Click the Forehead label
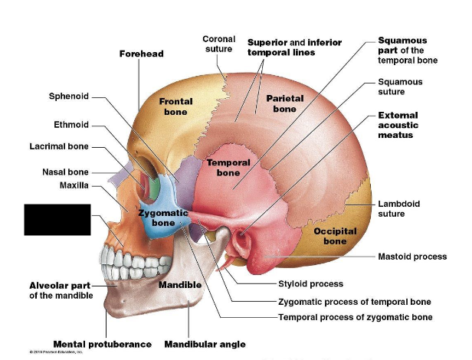pyautogui.click(x=142, y=54)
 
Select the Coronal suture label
pyautogui.click(x=218, y=44)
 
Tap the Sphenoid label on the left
pyautogui.click(x=69, y=97)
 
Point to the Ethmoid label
pyautogui.click(x=71, y=124)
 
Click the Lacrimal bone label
pyautogui.click(x=59, y=146)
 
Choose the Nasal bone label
pyautogui.click(x=65, y=172)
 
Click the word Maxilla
pyautogui.click(x=74, y=185)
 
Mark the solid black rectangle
pyautogui.click(x=57, y=219)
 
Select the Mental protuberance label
pyautogui.click(x=102, y=344)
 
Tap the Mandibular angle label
pyautogui.click(x=205, y=344)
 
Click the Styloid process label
pyautogui.click(x=310, y=284)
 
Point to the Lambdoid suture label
pyautogui.click(x=399, y=209)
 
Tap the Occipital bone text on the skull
pyautogui.click(x=334, y=236)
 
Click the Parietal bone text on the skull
pyautogui.click(x=284, y=103)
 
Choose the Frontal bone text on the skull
pyautogui.click(x=175, y=106)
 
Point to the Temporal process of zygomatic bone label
pyautogui.click(x=355, y=317)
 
